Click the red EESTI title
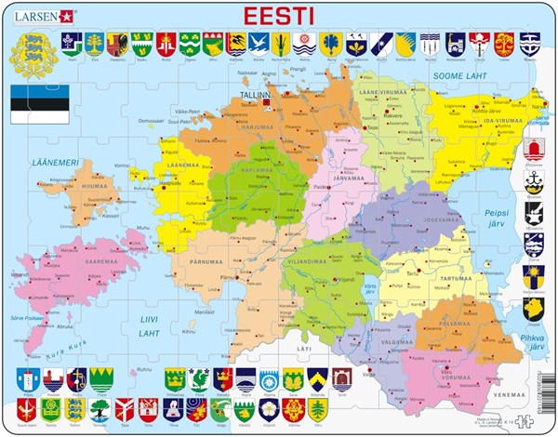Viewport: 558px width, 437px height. pos(278,16)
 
